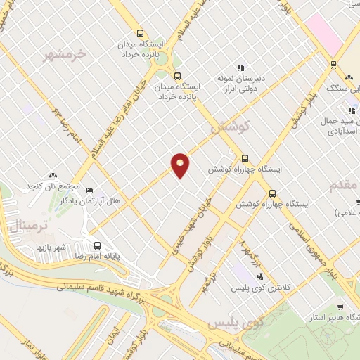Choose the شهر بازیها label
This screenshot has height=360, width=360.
[51, 247]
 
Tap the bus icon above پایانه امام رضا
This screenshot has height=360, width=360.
[97, 246]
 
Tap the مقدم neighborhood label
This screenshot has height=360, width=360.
[345, 185]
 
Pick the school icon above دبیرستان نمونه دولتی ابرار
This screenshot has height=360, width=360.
[241, 67]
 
